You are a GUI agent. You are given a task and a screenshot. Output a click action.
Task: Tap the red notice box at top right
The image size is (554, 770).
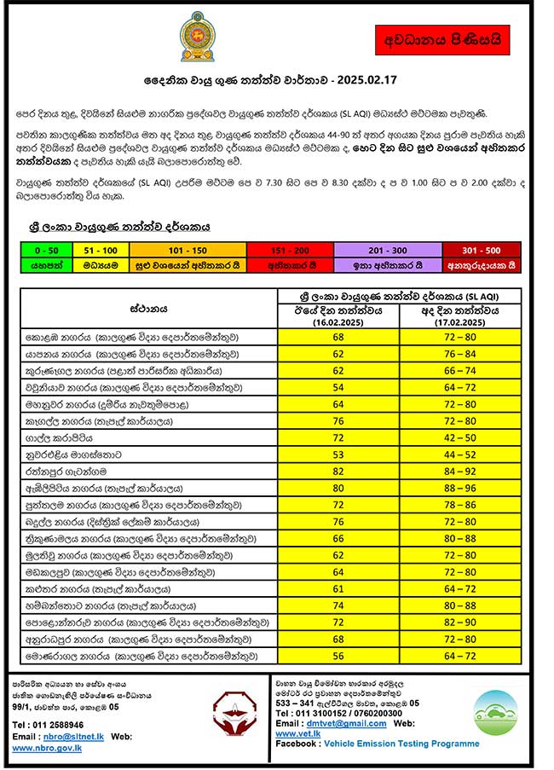point(442,40)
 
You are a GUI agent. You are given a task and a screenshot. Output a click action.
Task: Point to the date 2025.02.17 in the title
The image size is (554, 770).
point(367,81)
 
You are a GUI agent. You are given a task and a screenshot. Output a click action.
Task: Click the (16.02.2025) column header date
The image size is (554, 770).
point(338,323)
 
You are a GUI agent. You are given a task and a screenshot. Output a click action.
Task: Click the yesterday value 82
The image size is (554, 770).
point(338,470)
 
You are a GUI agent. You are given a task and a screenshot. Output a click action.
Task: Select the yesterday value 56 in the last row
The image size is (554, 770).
point(338,655)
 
